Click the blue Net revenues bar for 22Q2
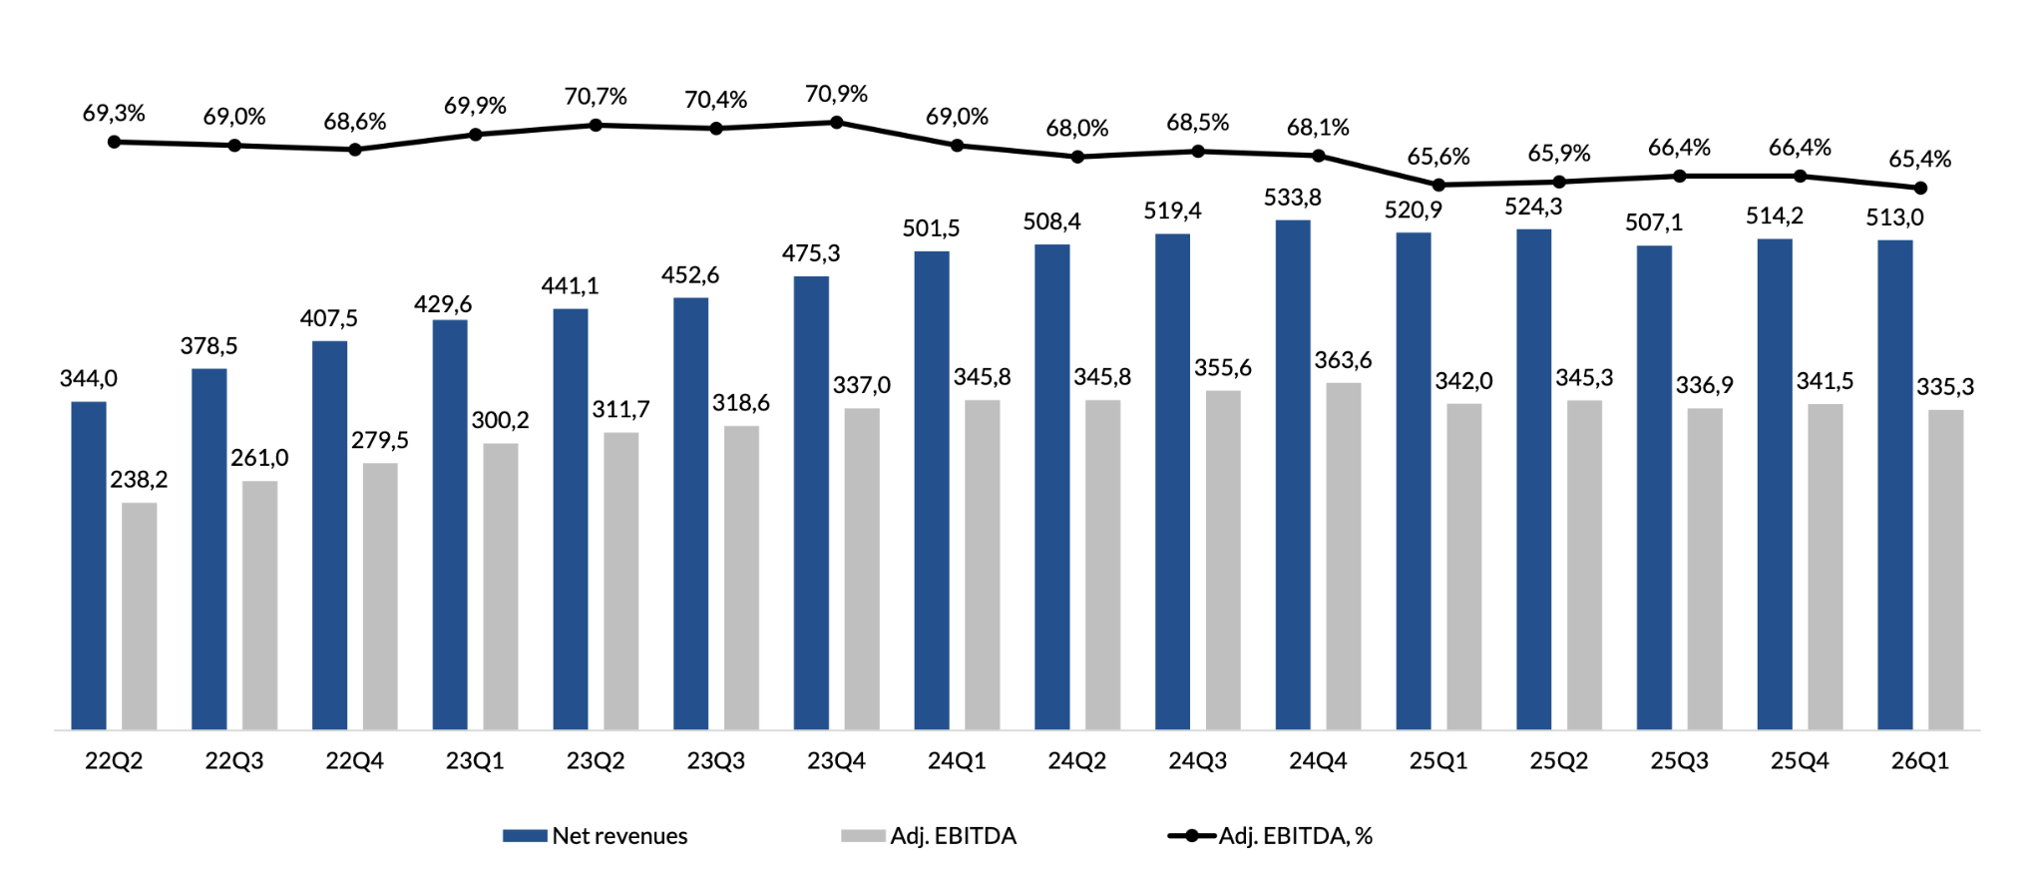click(x=89, y=566)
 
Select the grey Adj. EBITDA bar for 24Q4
click(x=1344, y=557)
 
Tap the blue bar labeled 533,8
click(x=1293, y=475)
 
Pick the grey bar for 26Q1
click(x=1945, y=570)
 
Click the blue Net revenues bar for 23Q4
click(x=811, y=503)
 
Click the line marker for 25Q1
click(x=1438, y=185)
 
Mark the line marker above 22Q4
click(x=354, y=150)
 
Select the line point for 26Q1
click(x=1920, y=188)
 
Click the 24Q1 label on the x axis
click(x=957, y=761)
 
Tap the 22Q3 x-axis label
click(x=234, y=761)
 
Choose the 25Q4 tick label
click(x=1800, y=761)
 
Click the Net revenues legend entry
click(x=596, y=836)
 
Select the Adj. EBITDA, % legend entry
click(x=1270, y=836)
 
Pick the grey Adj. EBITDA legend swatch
click(x=863, y=836)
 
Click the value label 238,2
click(x=139, y=480)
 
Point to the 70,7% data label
click(x=596, y=97)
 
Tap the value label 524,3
click(x=1533, y=207)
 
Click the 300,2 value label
click(x=501, y=420)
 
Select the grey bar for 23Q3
click(x=741, y=579)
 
